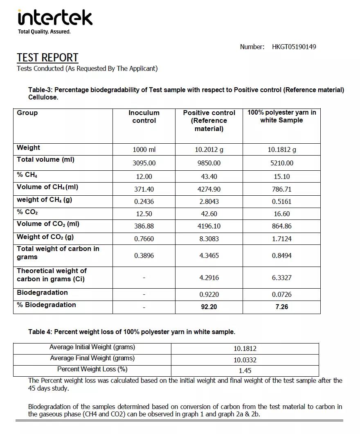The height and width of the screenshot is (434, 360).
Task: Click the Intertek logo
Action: pyautogui.click(x=55, y=18)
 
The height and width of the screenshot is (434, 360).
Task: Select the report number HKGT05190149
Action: pyautogui.click(x=294, y=47)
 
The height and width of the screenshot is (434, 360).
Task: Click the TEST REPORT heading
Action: pyautogui.click(x=47, y=58)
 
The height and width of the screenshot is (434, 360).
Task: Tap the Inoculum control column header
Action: pyautogui.click(x=144, y=117)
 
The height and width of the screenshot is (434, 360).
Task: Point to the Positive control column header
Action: pyautogui.click(x=209, y=120)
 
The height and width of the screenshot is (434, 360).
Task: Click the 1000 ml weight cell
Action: pyautogui.click(x=144, y=149)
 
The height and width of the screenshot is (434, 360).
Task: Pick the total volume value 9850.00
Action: pyautogui.click(x=209, y=163)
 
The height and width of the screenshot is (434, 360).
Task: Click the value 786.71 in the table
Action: pyautogui.click(x=282, y=189)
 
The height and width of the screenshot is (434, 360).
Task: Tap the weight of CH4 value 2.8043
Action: pyautogui.click(x=209, y=201)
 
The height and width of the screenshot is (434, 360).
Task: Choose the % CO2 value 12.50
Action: pyautogui.click(x=144, y=214)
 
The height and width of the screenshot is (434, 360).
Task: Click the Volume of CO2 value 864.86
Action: pyautogui.click(x=282, y=226)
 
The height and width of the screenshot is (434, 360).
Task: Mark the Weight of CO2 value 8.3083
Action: pyautogui.click(x=209, y=238)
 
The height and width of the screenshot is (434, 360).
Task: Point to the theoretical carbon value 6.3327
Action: pyautogui.click(x=282, y=278)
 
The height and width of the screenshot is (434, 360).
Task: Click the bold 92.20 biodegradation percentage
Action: pyautogui.click(x=209, y=307)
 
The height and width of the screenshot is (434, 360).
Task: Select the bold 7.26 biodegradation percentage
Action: pyautogui.click(x=282, y=307)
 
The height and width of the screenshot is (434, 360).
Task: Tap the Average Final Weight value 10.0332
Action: pyautogui.click(x=245, y=360)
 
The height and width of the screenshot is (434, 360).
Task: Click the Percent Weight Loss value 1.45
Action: pyautogui.click(x=245, y=371)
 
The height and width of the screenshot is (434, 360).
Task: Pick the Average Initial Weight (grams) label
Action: pyautogui.click(x=92, y=347)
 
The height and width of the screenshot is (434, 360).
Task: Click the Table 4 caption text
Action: pyautogui.click(x=132, y=332)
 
